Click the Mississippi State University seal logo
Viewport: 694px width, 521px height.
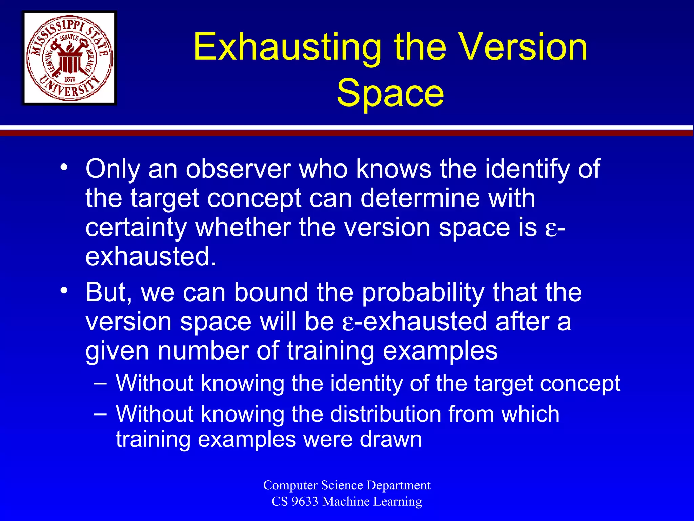click(69, 58)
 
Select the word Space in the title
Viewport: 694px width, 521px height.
click(390, 93)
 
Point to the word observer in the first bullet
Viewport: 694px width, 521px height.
click(238, 169)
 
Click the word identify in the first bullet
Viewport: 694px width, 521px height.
click(527, 169)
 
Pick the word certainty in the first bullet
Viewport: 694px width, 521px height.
click(136, 228)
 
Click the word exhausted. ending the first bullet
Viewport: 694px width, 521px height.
click(150, 256)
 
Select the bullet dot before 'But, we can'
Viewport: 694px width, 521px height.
click(64, 291)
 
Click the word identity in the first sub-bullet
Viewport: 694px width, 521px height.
click(366, 383)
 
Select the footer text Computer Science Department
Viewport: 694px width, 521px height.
click(347, 485)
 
